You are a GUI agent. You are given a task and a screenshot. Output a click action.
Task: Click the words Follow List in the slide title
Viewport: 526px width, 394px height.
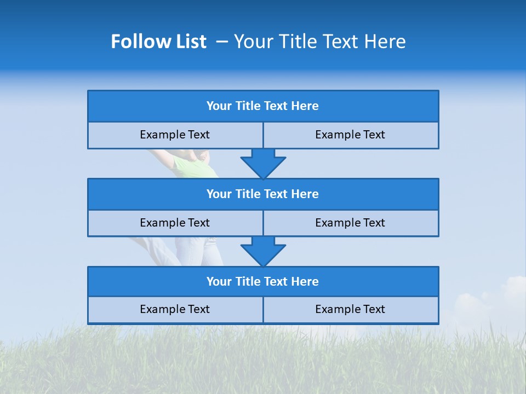coord(158,42)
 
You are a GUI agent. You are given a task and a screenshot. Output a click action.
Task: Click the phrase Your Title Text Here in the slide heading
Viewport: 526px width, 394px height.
coord(319,42)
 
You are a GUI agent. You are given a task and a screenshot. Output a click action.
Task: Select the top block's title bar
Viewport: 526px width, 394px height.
coord(263,106)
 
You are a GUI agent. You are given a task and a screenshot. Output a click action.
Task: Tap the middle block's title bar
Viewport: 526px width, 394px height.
coord(263,194)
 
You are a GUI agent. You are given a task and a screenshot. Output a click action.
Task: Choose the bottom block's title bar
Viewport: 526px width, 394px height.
coord(263,281)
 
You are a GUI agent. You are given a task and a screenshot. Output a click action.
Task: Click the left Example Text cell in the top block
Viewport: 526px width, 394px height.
coord(175,135)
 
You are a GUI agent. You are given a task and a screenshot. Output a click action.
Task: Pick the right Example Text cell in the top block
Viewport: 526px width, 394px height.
coord(350,135)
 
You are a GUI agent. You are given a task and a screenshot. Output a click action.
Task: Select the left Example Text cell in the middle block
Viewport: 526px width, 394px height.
coord(175,223)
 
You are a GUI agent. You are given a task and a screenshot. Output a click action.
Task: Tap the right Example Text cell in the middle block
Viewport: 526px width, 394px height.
coord(350,223)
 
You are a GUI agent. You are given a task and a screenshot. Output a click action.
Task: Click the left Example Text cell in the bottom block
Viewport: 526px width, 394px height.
coord(175,309)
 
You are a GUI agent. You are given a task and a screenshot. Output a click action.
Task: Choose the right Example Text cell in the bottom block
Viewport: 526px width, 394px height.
coord(350,309)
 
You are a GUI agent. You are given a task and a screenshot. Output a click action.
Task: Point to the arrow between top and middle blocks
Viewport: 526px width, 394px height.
coord(263,163)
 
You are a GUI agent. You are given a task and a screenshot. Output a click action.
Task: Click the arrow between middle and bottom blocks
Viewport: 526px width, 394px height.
coord(263,251)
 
